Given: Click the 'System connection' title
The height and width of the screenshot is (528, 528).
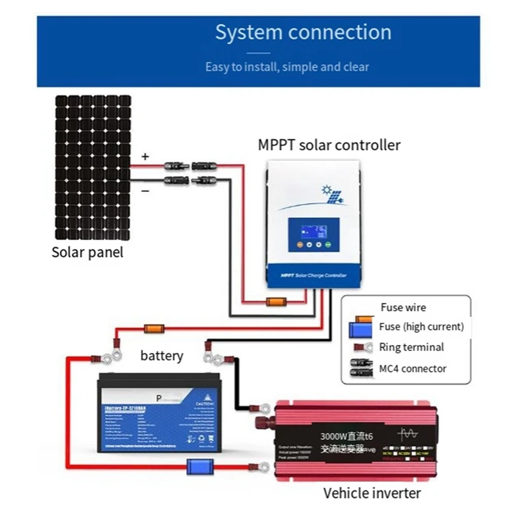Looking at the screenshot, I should [x=303, y=32].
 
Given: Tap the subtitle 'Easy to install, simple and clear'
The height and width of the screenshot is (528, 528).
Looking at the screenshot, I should [x=287, y=67].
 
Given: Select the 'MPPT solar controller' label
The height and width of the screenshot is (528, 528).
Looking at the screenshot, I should [x=329, y=145].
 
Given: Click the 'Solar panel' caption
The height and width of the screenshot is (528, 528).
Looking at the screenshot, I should [x=87, y=252].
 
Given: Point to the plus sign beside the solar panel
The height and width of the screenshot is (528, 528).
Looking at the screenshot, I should [x=145, y=157].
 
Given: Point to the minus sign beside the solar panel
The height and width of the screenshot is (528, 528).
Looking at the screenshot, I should [x=145, y=191].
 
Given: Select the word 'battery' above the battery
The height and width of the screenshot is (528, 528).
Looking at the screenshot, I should [x=162, y=356].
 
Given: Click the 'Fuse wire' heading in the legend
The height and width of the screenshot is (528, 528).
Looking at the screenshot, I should [x=403, y=307].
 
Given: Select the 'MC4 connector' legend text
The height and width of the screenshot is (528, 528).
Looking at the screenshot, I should [x=412, y=369].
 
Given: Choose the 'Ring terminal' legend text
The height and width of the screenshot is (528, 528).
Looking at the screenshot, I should [x=411, y=347].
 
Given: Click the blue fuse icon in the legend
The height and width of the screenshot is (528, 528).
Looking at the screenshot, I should [x=361, y=326].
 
